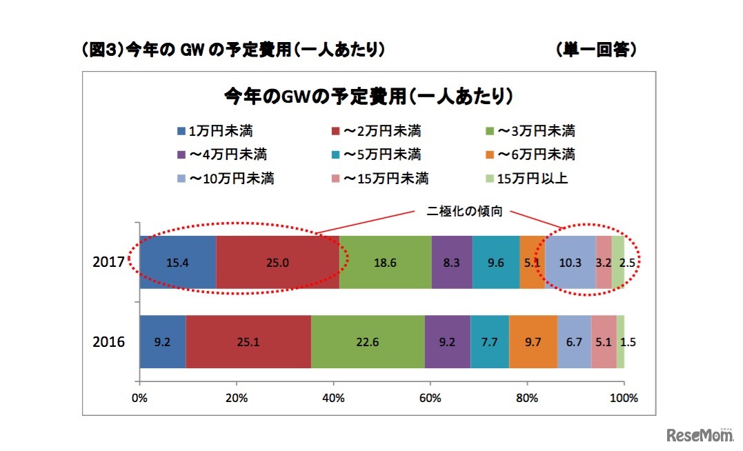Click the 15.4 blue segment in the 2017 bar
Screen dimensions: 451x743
click(x=178, y=263)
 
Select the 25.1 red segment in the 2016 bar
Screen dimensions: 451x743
click(x=248, y=342)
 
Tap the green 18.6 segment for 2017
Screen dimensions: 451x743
click(x=385, y=263)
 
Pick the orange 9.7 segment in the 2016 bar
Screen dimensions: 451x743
click(x=533, y=342)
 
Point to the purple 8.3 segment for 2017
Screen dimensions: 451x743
click(x=452, y=263)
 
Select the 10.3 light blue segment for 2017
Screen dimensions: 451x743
click(x=570, y=263)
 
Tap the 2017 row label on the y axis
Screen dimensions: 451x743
click(x=110, y=263)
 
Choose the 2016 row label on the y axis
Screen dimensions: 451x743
click(x=110, y=342)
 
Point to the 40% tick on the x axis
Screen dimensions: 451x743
click(x=334, y=397)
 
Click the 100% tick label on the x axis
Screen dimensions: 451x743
click(x=624, y=397)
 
